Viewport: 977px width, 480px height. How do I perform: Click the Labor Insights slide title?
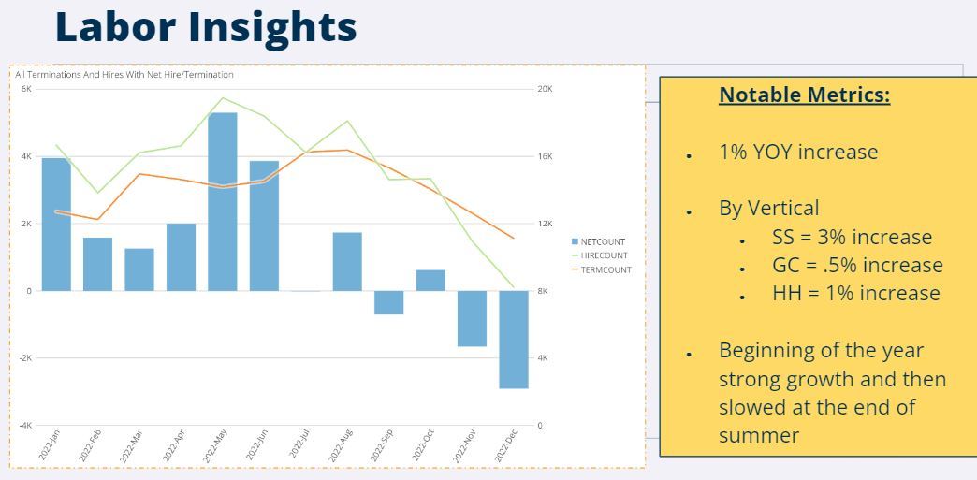tap(206, 26)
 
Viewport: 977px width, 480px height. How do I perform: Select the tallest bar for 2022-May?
tap(222, 201)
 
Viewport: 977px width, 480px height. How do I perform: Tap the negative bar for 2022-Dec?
tap(513, 339)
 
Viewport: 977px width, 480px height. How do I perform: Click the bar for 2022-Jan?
tap(56, 225)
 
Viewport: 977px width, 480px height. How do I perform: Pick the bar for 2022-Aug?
tap(347, 261)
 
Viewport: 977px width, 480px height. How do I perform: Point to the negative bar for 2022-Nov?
tap(472, 318)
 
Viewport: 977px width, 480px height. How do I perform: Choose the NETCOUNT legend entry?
tap(599, 241)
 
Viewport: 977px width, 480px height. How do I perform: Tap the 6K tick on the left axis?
tap(26, 89)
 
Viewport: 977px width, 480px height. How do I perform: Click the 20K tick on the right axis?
tap(545, 89)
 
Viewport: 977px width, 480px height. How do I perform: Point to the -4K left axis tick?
tap(25, 426)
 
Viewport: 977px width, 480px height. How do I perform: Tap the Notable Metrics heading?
tap(804, 95)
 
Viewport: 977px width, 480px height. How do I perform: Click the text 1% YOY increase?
tap(797, 152)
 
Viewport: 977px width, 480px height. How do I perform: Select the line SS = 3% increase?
tap(852, 237)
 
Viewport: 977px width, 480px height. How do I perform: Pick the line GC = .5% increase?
tap(856, 265)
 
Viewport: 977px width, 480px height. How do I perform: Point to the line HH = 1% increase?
tap(855, 293)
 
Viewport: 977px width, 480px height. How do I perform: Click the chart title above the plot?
tap(124, 74)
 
